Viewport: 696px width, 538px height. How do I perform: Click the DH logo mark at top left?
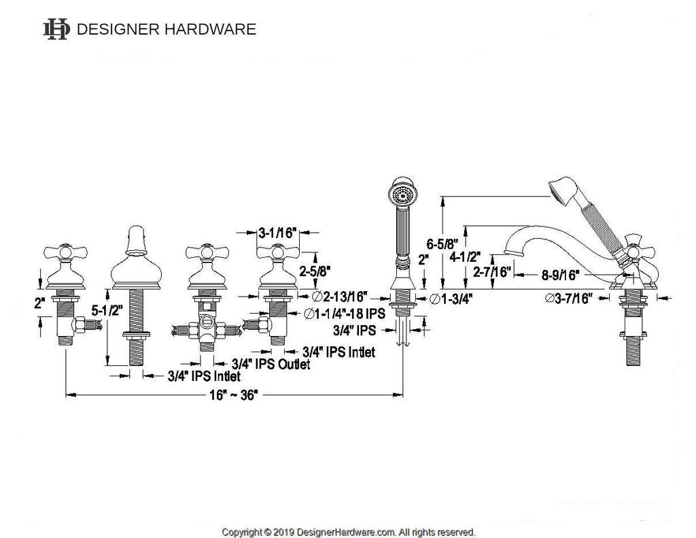point(56,29)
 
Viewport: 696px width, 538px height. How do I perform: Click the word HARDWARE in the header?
point(211,29)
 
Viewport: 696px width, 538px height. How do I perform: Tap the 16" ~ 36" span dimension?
point(234,395)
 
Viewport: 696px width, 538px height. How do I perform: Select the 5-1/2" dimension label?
point(107,311)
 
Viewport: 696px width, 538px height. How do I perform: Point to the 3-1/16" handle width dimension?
point(277,233)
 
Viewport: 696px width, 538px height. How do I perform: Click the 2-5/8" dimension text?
point(315,271)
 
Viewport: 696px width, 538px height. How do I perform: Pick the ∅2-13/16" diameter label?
point(340,297)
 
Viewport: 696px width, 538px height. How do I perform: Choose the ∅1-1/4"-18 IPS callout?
point(345,314)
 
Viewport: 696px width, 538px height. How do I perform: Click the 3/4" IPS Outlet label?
point(271,365)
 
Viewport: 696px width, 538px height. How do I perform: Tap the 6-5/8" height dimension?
point(442,244)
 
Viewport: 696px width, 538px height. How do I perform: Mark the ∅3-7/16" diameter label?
point(569,298)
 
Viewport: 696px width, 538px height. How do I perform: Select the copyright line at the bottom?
point(349,532)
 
